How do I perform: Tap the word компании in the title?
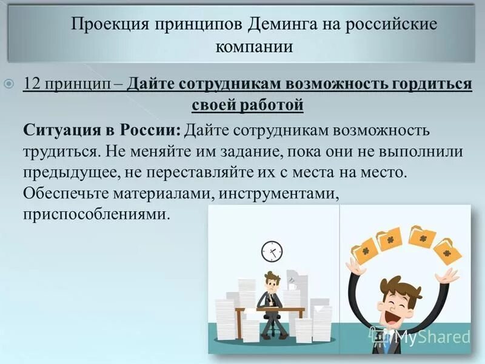pos(254,47)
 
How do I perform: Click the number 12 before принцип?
pos(31,84)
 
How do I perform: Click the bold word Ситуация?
pos(59,130)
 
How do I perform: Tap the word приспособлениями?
pos(95,214)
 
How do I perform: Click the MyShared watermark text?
pos(432,335)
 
